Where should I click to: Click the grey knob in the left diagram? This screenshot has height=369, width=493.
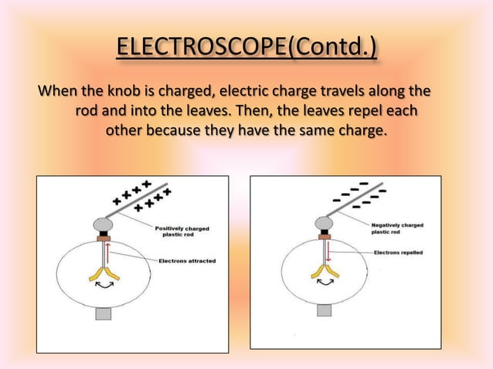click(x=103, y=224)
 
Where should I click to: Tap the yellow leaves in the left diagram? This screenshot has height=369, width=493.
click(x=103, y=273)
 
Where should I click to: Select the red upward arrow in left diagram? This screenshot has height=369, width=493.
click(x=107, y=252)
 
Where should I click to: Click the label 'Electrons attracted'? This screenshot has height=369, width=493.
click(x=187, y=261)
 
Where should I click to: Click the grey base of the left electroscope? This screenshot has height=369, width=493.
click(x=103, y=313)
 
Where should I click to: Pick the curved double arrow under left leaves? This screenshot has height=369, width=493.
click(x=103, y=286)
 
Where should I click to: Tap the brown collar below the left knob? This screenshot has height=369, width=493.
click(x=103, y=237)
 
